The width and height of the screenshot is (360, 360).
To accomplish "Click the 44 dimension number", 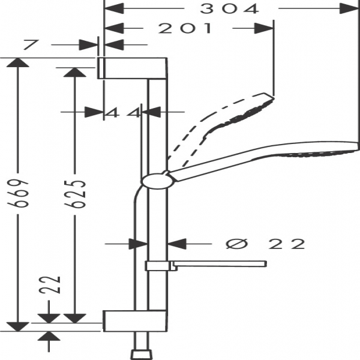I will click(123, 112).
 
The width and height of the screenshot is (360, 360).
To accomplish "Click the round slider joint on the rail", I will click(157, 180).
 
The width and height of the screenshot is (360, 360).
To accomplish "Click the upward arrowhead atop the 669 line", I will click(19, 62).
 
